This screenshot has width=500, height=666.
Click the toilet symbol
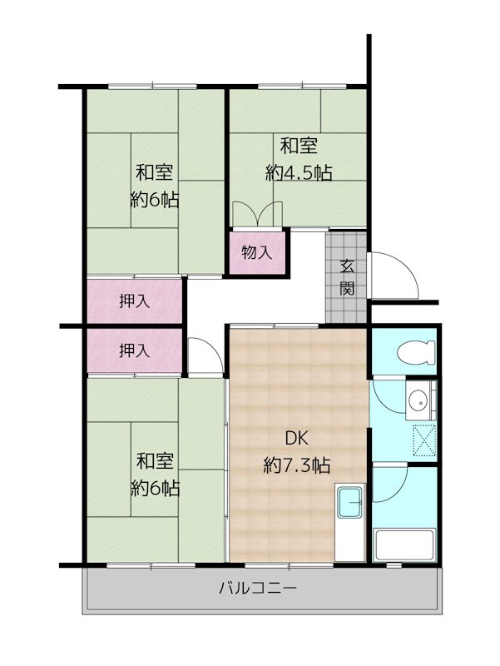tap(416, 352)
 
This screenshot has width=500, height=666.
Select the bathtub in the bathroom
tap(404, 545)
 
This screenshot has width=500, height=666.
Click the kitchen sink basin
tap(349, 503)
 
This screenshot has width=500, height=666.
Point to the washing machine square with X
tap(424, 440)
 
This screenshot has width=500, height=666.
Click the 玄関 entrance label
tap(347, 278)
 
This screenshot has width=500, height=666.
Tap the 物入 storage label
tap(256, 253)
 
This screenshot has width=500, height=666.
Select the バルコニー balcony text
tap(258, 589)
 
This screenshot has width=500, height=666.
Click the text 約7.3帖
tap(297, 465)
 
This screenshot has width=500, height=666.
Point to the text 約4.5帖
tap(299, 173)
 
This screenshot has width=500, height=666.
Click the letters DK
tap(296, 439)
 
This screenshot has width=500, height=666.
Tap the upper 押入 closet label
tap(134, 301)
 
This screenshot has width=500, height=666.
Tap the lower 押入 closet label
tap(134, 350)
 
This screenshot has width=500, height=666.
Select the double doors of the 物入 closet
tap(258, 214)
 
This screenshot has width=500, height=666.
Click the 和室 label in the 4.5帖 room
tap(299, 147)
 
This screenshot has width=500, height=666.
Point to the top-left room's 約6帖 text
tap(154, 199)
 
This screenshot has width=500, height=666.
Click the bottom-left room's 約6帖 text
tap(155, 488)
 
